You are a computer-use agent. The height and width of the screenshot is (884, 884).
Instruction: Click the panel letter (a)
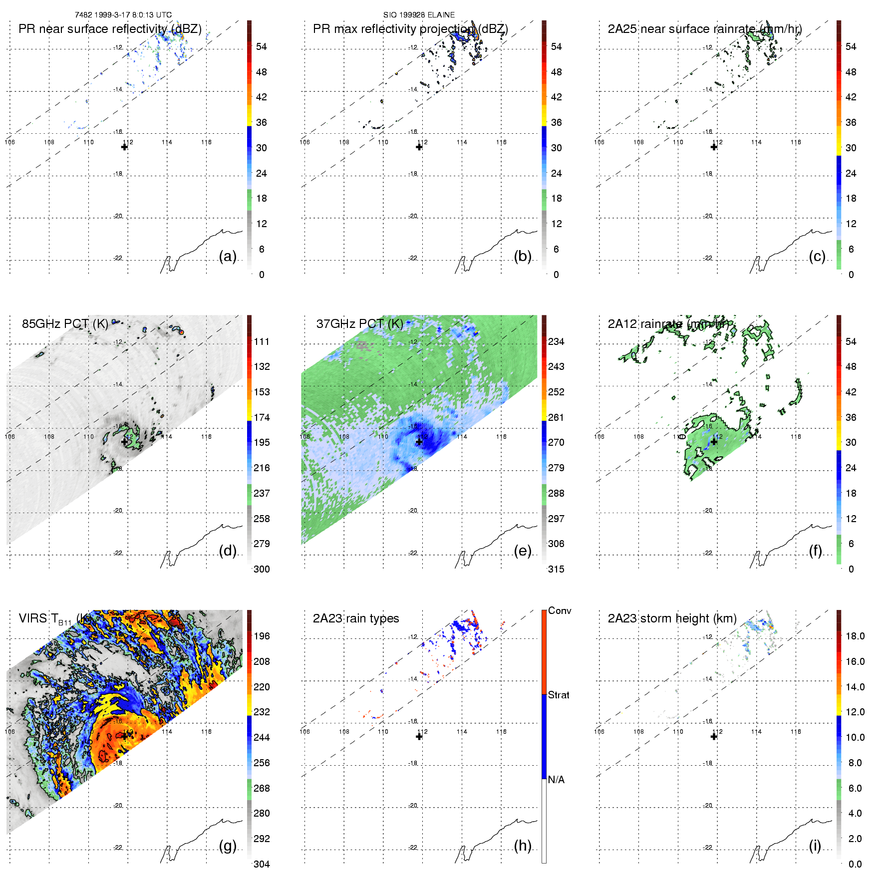click(x=228, y=257)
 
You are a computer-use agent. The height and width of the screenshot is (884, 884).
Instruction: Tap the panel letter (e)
click(x=523, y=551)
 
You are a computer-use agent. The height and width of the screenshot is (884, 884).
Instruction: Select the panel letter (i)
click(x=815, y=846)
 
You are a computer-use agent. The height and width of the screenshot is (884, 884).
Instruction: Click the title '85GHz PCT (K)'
click(x=65, y=323)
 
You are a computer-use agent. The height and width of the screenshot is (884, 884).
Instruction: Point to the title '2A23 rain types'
click(x=355, y=618)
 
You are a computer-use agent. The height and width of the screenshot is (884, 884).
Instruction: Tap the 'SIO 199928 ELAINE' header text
click(x=419, y=15)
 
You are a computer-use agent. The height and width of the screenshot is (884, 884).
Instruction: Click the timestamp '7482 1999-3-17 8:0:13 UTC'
click(x=123, y=15)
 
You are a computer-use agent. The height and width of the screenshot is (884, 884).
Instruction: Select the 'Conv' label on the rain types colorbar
click(x=560, y=610)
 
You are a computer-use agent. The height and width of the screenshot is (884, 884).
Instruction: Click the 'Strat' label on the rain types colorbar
click(x=559, y=695)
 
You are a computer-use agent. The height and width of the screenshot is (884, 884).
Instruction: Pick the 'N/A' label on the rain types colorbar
click(x=556, y=780)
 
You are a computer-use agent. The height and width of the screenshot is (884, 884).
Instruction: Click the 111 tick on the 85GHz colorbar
click(x=262, y=341)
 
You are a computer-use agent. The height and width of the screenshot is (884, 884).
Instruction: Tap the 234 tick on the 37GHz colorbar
click(x=556, y=341)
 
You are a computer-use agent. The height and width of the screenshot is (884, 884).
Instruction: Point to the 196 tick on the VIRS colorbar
click(x=262, y=636)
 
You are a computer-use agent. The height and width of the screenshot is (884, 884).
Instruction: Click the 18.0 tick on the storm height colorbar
click(x=855, y=636)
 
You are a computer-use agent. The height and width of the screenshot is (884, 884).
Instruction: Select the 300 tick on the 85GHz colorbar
click(x=262, y=569)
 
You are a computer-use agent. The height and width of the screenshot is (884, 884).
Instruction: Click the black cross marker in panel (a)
click(x=124, y=147)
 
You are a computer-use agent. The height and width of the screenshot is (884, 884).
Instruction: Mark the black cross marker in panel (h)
click(x=419, y=736)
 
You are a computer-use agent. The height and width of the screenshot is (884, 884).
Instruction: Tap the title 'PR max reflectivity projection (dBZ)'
click(x=410, y=29)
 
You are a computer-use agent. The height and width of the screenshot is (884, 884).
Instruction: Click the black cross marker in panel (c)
click(x=714, y=147)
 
